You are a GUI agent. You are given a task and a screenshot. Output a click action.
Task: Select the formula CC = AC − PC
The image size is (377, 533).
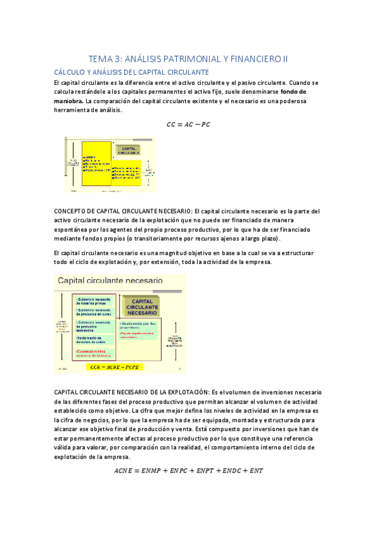coord(188,124)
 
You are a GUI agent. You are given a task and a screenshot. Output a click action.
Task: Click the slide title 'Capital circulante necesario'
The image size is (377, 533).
coord(110,280)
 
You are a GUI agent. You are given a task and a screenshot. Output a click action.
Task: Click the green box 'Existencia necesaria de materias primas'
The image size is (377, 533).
coord(94,299)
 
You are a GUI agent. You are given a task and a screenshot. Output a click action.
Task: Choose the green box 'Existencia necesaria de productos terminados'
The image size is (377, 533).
coord(94,327)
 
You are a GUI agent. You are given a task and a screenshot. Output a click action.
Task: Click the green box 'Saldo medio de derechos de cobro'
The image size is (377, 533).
coord(94,342)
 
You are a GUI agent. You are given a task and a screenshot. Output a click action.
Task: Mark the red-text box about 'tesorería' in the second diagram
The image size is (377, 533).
coord(94,353)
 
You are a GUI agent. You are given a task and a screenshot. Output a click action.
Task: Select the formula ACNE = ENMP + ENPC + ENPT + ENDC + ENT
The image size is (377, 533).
coord(188,469)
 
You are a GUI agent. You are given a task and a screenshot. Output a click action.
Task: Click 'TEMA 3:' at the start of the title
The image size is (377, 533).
coord(102,59)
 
